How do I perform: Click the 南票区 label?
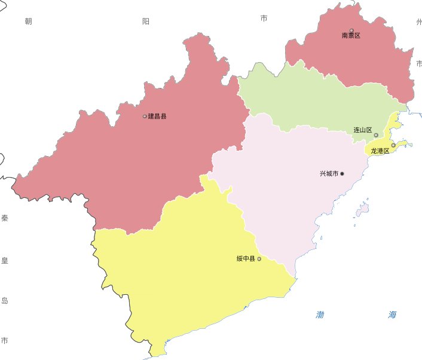pos(351,36)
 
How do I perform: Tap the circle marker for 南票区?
pos(351,30)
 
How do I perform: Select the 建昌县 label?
pos(157,116)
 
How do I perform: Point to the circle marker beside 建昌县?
pos(145,116)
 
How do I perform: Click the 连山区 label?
pos(363,130)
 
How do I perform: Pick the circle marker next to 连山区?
pos(376,135)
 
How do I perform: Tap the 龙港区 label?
pos(380,151)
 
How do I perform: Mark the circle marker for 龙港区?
pos(393,145)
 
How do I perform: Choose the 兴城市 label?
pos(329,174)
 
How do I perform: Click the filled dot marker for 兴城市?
pos(343,174)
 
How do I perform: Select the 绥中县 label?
pos(246,259)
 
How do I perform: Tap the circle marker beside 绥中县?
pos(259,259)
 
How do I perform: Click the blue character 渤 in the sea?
pos(320,315)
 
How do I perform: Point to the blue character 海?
pos(392,315)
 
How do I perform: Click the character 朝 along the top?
pos(28,22)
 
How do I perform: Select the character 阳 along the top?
pos(146,22)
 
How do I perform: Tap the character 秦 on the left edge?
pos(5,218)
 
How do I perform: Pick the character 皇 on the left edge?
pos(5,260)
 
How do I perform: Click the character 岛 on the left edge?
pos(5,300)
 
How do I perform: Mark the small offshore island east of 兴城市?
pos(363,209)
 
